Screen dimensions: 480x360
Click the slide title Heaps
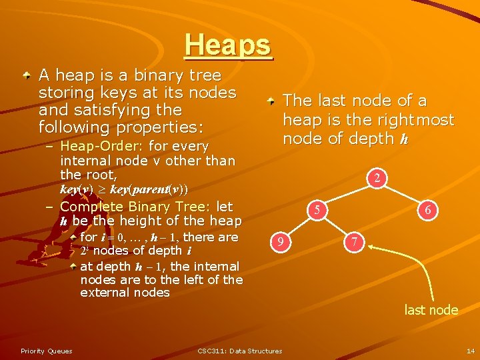[x=229, y=45]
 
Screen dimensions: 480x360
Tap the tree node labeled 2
[x=377, y=178]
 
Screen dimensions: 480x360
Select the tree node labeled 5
[x=319, y=210]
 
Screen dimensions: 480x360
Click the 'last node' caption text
[x=431, y=310]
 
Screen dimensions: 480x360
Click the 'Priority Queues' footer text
[x=47, y=351]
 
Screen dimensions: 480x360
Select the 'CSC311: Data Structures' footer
[x=240, y=351]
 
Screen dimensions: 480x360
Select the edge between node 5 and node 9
[x=301, y=226]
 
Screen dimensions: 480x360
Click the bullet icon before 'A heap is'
[x=25, y=76]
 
